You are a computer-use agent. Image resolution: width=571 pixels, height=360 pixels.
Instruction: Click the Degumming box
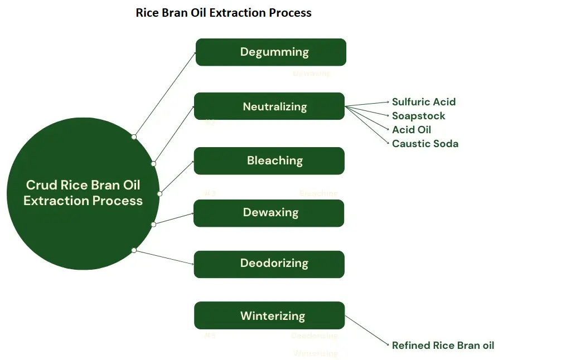coord(271,52)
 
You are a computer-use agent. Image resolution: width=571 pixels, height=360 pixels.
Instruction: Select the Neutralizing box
coord(269,106)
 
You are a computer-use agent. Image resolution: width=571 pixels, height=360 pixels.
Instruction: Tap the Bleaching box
coord(269,160)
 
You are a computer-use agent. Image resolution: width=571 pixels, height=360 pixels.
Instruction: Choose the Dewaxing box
coord(269,213)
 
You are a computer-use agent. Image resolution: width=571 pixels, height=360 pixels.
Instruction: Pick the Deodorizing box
coord(269,264)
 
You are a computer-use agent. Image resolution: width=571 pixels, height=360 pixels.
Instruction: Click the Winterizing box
coord(269,316)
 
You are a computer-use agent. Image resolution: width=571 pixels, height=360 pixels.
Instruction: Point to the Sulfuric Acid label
coord(424,102)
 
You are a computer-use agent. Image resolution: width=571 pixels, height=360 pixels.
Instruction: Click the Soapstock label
coord(419,116)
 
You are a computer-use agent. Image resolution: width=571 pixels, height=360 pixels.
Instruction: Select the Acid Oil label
coord(412,130)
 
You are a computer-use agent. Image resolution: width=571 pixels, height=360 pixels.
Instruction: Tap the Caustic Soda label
coord(425,144)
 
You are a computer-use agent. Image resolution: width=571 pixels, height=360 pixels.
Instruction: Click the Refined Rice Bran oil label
coord(443,346)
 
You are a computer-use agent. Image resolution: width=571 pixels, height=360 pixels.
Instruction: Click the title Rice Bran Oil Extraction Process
coord(224,12)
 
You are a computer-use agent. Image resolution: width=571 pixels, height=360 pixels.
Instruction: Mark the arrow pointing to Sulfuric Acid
coord(368,104)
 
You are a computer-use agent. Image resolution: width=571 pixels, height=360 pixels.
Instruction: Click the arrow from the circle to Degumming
coord(165,94)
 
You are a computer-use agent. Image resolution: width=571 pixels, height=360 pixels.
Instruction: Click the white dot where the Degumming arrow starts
coord(134,137)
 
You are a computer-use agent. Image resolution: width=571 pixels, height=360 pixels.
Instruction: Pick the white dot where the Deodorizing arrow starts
coord(134,250)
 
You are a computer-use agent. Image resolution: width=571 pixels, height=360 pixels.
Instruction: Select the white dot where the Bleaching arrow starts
coord(159,194)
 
